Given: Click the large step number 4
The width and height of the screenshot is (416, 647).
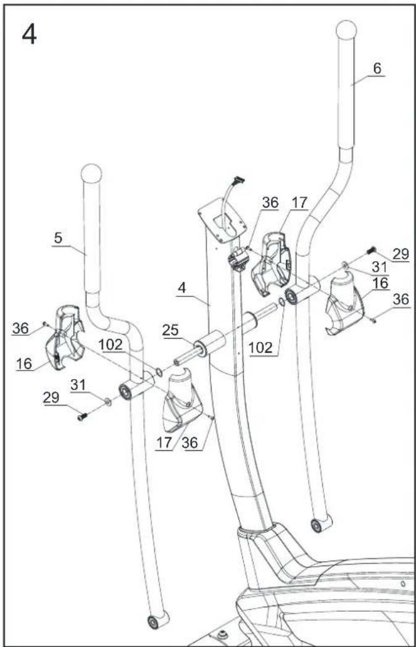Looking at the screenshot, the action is tap(29, 34).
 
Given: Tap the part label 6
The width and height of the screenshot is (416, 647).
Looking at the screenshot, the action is tap(377, 69).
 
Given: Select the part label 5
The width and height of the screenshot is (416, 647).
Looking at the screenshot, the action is tap(58, 239).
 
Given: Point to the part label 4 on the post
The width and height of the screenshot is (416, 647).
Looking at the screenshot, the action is tap(182, 288).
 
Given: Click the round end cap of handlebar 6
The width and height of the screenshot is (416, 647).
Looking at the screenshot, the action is tap(346, 30).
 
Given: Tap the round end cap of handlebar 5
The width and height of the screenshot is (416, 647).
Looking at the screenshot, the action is tap(91, 173).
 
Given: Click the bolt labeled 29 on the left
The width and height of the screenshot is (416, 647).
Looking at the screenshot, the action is tap(82, 417).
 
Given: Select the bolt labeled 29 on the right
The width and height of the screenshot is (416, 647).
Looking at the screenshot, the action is tap(370, 249).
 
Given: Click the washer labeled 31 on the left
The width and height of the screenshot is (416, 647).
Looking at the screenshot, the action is tap(108, 401).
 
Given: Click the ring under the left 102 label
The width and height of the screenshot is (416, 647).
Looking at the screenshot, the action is tap(159, 373).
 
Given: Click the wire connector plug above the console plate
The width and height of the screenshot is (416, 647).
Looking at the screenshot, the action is tap(238, 180).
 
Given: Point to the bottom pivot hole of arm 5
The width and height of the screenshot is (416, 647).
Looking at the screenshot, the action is tap(153, 622).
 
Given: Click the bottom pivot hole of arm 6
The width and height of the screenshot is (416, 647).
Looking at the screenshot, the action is tap(317, 526).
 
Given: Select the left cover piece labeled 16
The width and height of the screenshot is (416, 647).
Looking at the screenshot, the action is tap(65, 337).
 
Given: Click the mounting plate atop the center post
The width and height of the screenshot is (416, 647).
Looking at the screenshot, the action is tap(222, 221).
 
